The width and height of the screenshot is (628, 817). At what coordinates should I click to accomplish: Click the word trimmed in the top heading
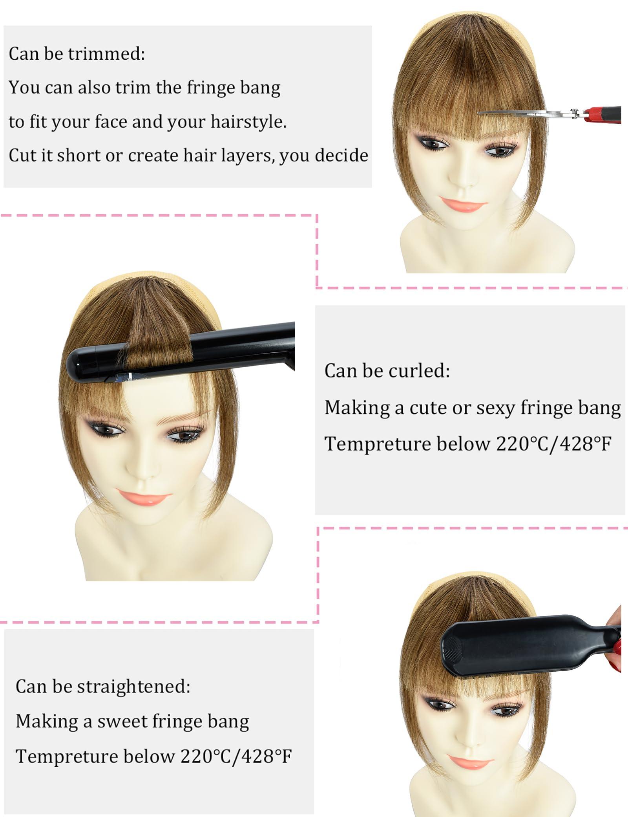click(106, 54)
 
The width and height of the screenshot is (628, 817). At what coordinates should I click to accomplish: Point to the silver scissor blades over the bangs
click(522, 114)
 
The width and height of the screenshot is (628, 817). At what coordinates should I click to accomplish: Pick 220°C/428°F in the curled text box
click(553, 444)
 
